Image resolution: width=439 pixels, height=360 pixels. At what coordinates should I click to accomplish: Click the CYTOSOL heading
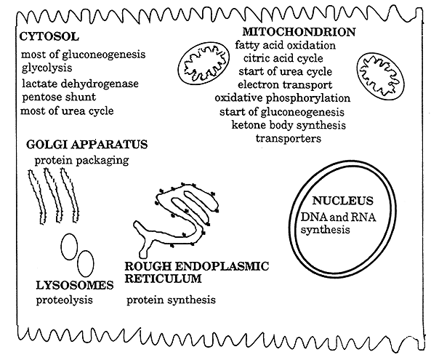pyautogui.click(x=49, y=36)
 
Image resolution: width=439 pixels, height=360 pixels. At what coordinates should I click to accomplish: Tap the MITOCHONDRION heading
pyautogui.click(x=299, y=32)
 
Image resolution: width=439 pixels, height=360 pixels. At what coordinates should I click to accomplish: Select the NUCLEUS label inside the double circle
pyautogui.click(x=342, y=201)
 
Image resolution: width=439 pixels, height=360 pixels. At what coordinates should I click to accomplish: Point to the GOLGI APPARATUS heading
pyautogui.click(x=86, y=145)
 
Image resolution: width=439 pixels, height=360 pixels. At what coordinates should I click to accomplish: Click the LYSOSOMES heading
pyautogui.click(x=75, y=285)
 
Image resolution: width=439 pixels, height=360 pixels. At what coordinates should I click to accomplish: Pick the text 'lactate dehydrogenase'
pyautogui.click(x=80, y=84)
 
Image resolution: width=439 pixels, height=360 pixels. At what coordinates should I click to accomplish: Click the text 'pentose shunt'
pyautogui.click(x=59, y=97)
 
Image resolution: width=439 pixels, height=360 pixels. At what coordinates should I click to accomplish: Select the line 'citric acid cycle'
pyautogui.click(x=283, y=58)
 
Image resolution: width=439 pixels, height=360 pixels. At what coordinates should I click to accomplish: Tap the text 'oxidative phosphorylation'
pyautogui.click(x=283, y=98)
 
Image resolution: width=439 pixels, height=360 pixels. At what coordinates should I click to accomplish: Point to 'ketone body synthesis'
pyautogui.click(x=289, y=125)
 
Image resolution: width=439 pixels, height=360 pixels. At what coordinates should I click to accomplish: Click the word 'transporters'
pyautogui.click(x=289, y=138)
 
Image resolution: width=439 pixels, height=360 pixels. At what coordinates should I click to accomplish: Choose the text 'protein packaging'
pyautogui.click(x=81, y=161)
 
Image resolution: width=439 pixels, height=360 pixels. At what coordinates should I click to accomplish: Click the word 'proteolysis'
pyautogui.click(x=64, y=300)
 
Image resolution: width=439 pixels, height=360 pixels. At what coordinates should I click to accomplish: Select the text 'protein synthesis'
pyautogui.click(x=171, y=300)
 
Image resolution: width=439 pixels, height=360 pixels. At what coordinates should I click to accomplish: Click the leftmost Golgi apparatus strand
pyautogui.click(x=37, y=196)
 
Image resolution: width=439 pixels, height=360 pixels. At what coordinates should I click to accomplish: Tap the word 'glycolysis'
pyautogui.click(x=47, y=68)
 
